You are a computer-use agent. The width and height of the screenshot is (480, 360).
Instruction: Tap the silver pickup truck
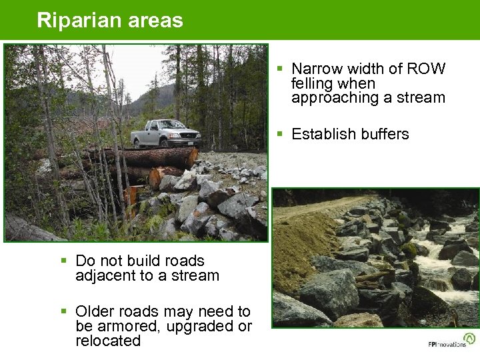click(165, 134)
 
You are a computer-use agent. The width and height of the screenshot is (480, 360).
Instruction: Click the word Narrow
click(317, 69)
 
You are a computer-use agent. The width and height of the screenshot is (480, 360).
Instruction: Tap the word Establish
click(321, 134)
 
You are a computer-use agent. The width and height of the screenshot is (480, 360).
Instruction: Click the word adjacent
click(103, 275)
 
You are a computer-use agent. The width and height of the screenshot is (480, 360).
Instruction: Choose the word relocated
click(108, 341)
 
